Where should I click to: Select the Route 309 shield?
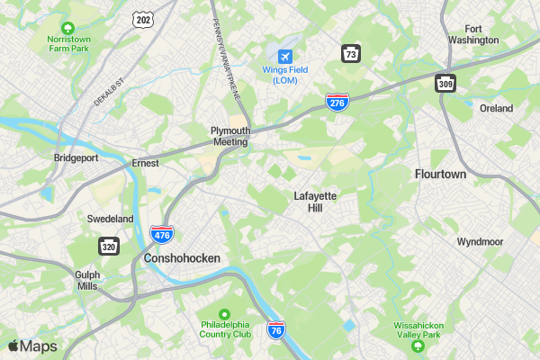click(x=446, y=83)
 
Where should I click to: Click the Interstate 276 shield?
click(x=337, y=103)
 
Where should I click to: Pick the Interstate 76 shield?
click(x=276, y=331)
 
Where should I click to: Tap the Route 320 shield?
click(x=109, y=247)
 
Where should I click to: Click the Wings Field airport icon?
click(x=286, y=57)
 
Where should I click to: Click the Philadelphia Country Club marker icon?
click(x=225, y=313)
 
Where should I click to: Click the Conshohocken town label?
click(x=181, y=258)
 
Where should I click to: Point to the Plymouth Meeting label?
click(x=229, y=136)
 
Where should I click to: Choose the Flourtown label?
click(x=440, y=174)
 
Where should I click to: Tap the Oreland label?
click(x=496, y=108)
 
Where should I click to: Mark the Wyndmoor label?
click(x=480, y=242)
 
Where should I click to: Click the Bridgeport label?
click(x=76, y=157)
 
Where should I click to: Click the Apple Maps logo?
click(x=32, y=346)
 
